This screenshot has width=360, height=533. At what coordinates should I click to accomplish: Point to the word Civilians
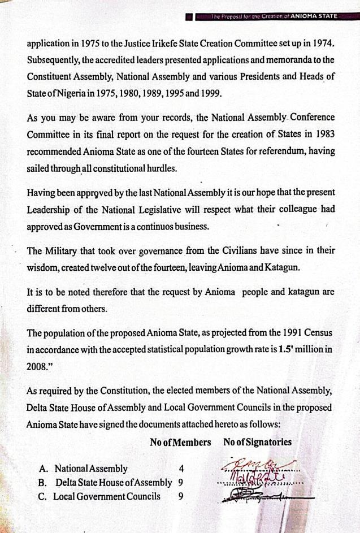coord(235,249)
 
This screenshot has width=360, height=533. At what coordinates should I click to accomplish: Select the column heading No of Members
coord(180,443)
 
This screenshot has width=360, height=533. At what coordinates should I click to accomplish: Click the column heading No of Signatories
coord(257,443)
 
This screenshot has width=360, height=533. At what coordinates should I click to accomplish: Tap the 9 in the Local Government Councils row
coord(180,497)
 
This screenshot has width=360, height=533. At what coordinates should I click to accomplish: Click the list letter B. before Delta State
coord(42,483)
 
